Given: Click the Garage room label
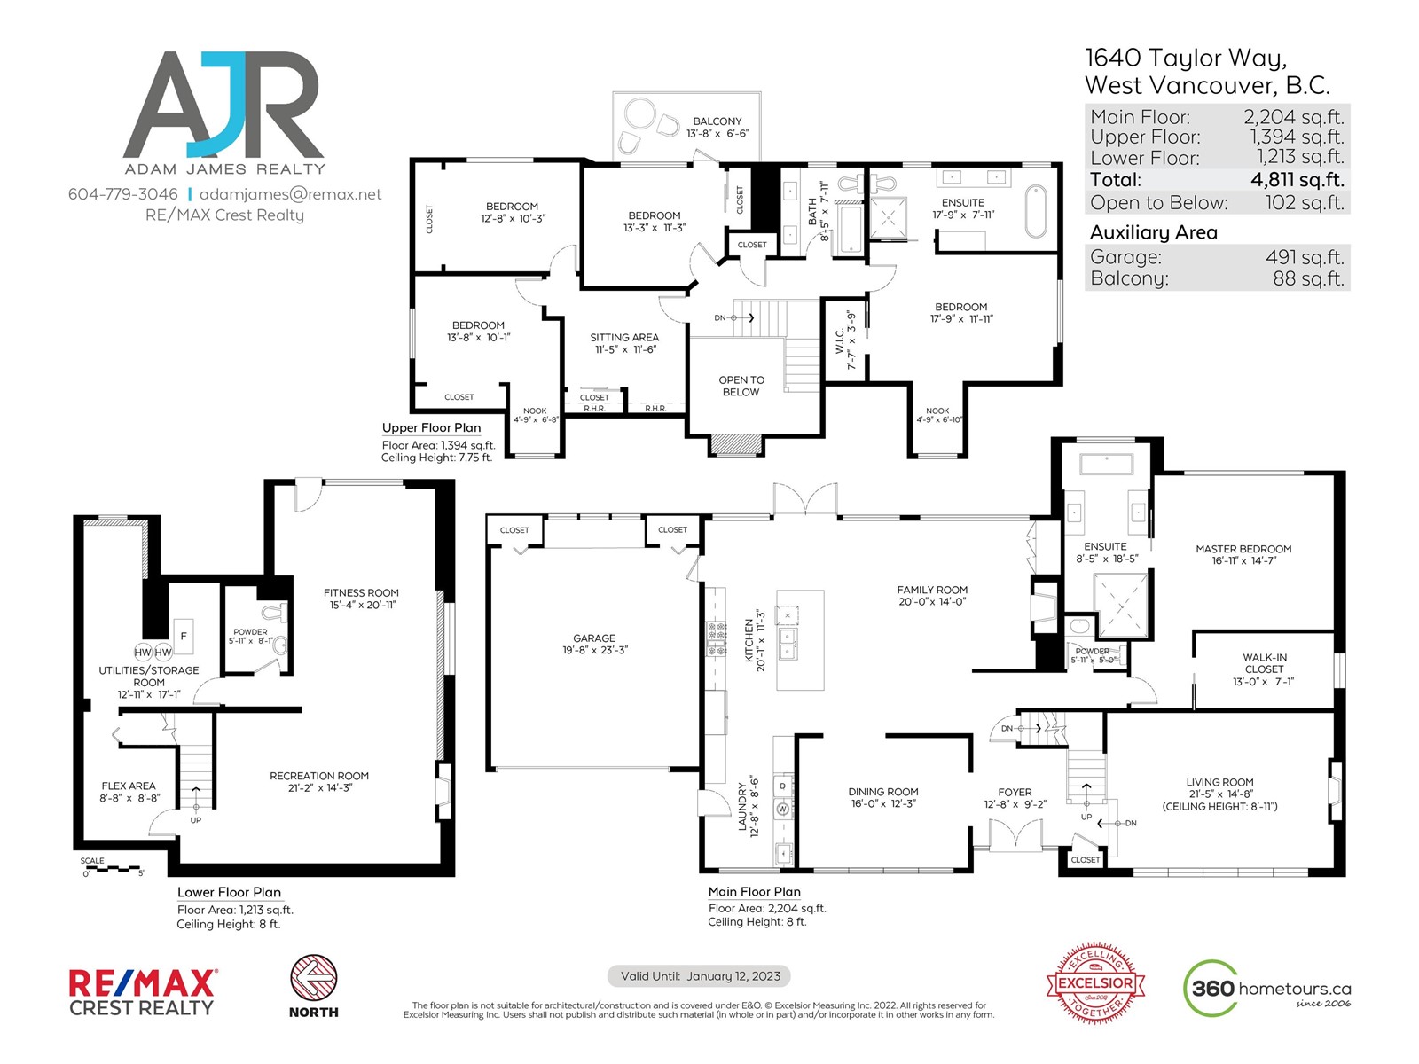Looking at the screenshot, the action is click(x=594, y=638).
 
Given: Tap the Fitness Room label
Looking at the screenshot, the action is click(x=361, y=592).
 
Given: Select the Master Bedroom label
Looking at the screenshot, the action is click(x=1243, y=549).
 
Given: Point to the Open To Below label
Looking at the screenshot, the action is click(x=741, y=386).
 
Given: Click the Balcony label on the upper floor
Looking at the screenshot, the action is click(x=717, y=121).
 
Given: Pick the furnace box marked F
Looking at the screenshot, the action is click(x=184, y=636).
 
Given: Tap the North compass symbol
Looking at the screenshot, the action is click(x=314, y=977).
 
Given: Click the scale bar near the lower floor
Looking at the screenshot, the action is click(x=112, y=868).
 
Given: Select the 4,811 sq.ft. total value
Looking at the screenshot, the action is click(x=1297, y=180).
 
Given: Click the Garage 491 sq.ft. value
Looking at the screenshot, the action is click(x=1305, y=256).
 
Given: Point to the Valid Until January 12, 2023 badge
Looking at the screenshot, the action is click(x=699, y=976).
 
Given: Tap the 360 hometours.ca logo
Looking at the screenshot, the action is click(x=1266, y=988).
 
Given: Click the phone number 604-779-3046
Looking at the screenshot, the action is click(x=122, y=194).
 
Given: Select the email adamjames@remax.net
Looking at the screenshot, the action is click(x=290, y=194).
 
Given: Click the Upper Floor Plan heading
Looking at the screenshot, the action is click(x=431, y=427).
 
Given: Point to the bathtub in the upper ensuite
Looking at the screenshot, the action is click(x=1036, y=211).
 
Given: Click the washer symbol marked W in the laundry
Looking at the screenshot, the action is click(x=782, y=808).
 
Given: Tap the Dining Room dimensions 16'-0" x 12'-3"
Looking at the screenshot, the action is click(x=883, y=803).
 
